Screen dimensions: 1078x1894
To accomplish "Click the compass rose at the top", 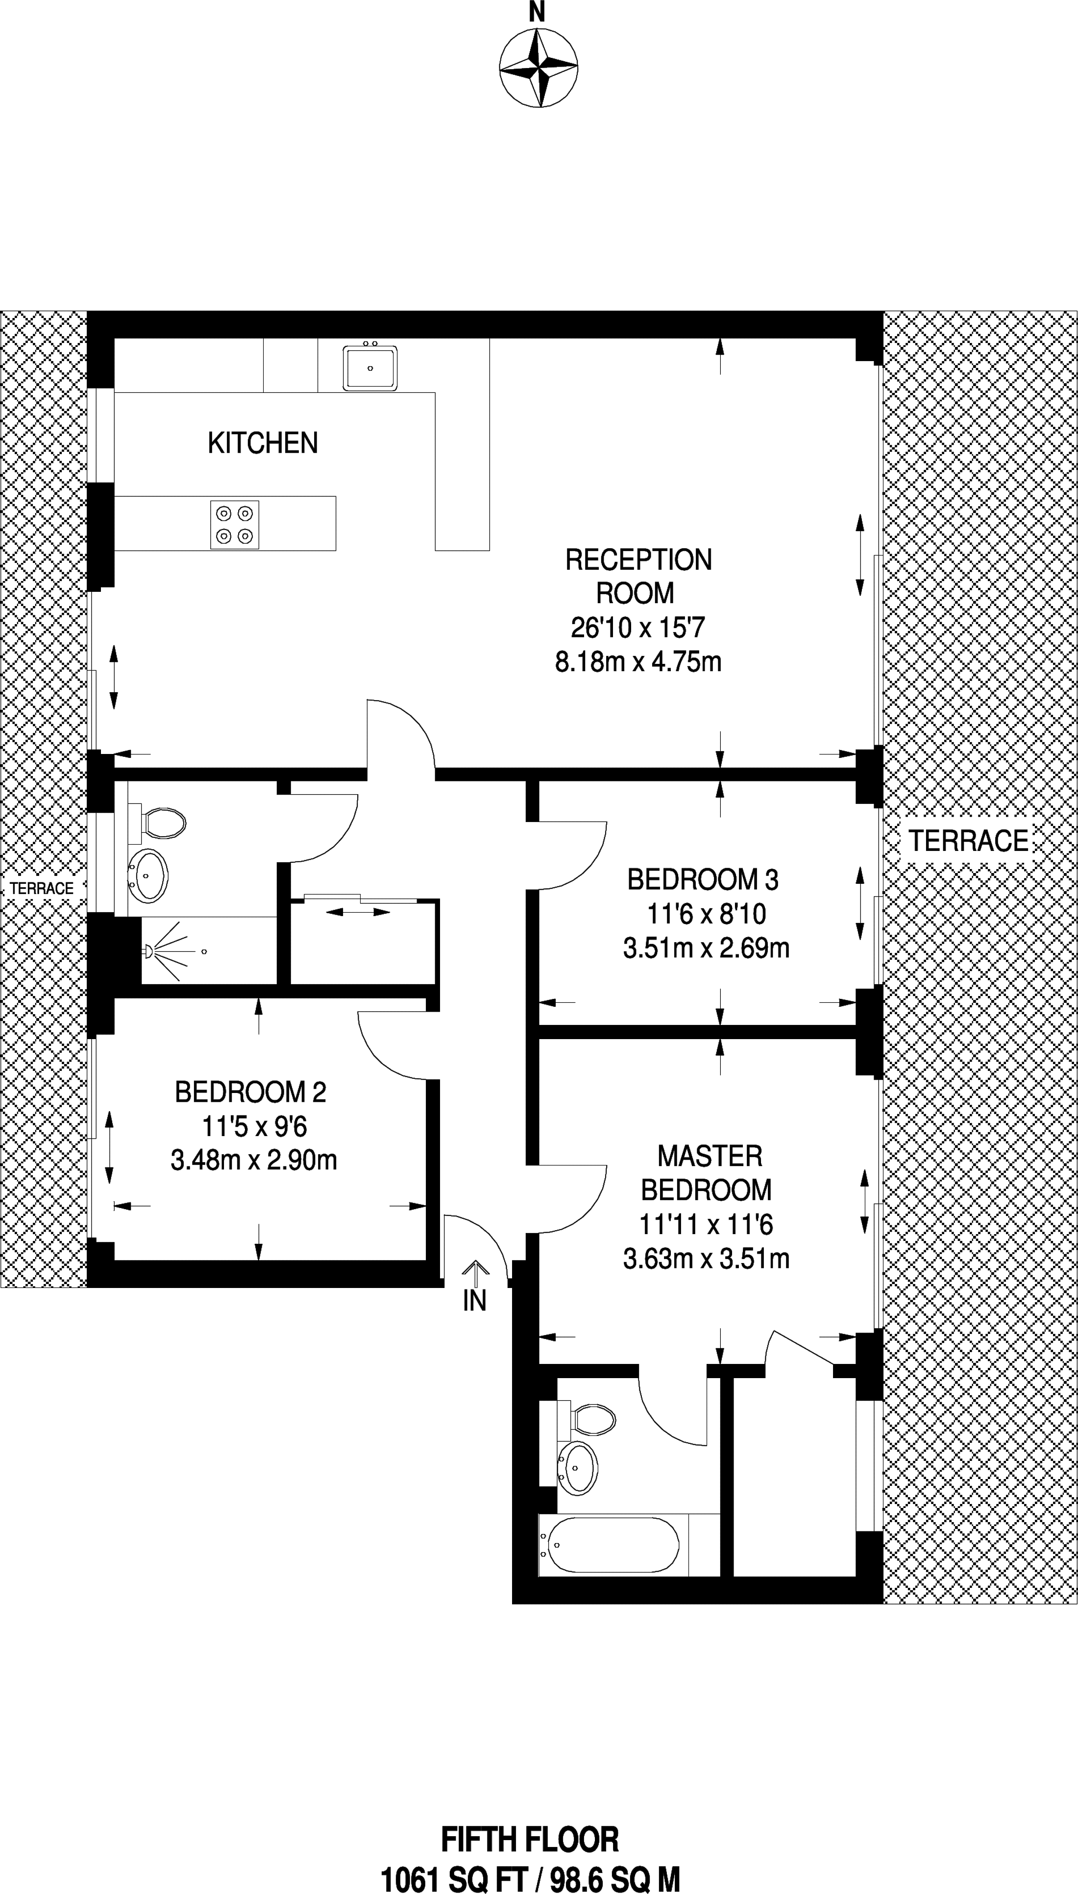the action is click(538, 68).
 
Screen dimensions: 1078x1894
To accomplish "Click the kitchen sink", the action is click(369, 366).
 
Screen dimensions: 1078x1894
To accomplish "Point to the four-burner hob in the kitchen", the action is click(235, 525).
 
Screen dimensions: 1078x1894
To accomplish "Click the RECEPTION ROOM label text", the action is click(638, 576).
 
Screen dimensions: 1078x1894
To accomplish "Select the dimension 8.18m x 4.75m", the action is click(638, 661).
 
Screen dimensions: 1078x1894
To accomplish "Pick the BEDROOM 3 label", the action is click(703, 879).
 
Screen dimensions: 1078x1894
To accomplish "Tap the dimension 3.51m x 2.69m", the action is click(706, 948).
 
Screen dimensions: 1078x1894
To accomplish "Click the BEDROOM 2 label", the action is click(250, 1093).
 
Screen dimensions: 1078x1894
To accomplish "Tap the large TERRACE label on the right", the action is click(968, 841).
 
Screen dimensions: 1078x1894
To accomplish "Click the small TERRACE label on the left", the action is click(42, 888).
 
